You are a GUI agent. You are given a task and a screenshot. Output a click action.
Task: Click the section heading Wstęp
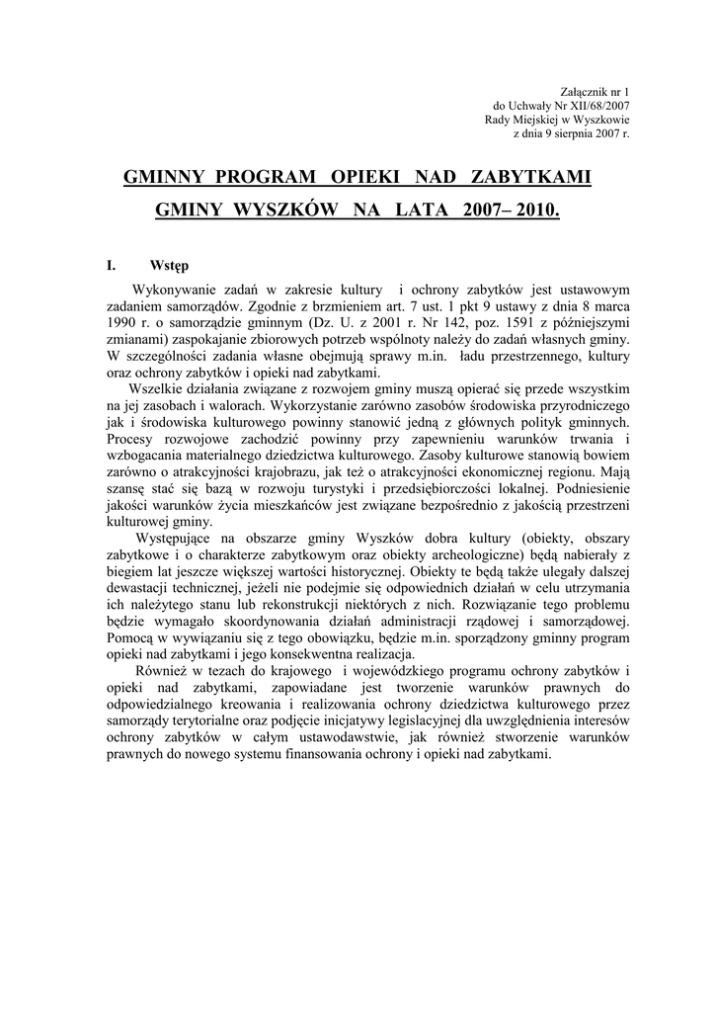coord(171,266)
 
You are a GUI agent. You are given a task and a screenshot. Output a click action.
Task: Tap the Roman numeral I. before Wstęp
coord(112,266)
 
